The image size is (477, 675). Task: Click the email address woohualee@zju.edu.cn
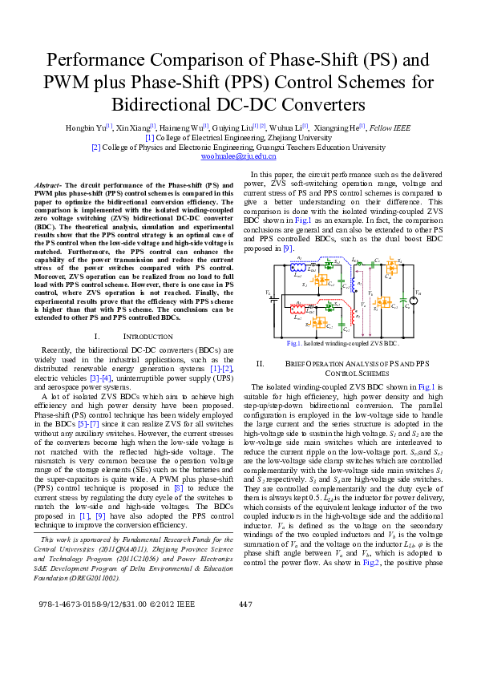coord(238,157)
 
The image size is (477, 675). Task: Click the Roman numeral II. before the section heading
coord(260,364)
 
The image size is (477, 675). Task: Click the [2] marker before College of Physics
coord(95,148)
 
